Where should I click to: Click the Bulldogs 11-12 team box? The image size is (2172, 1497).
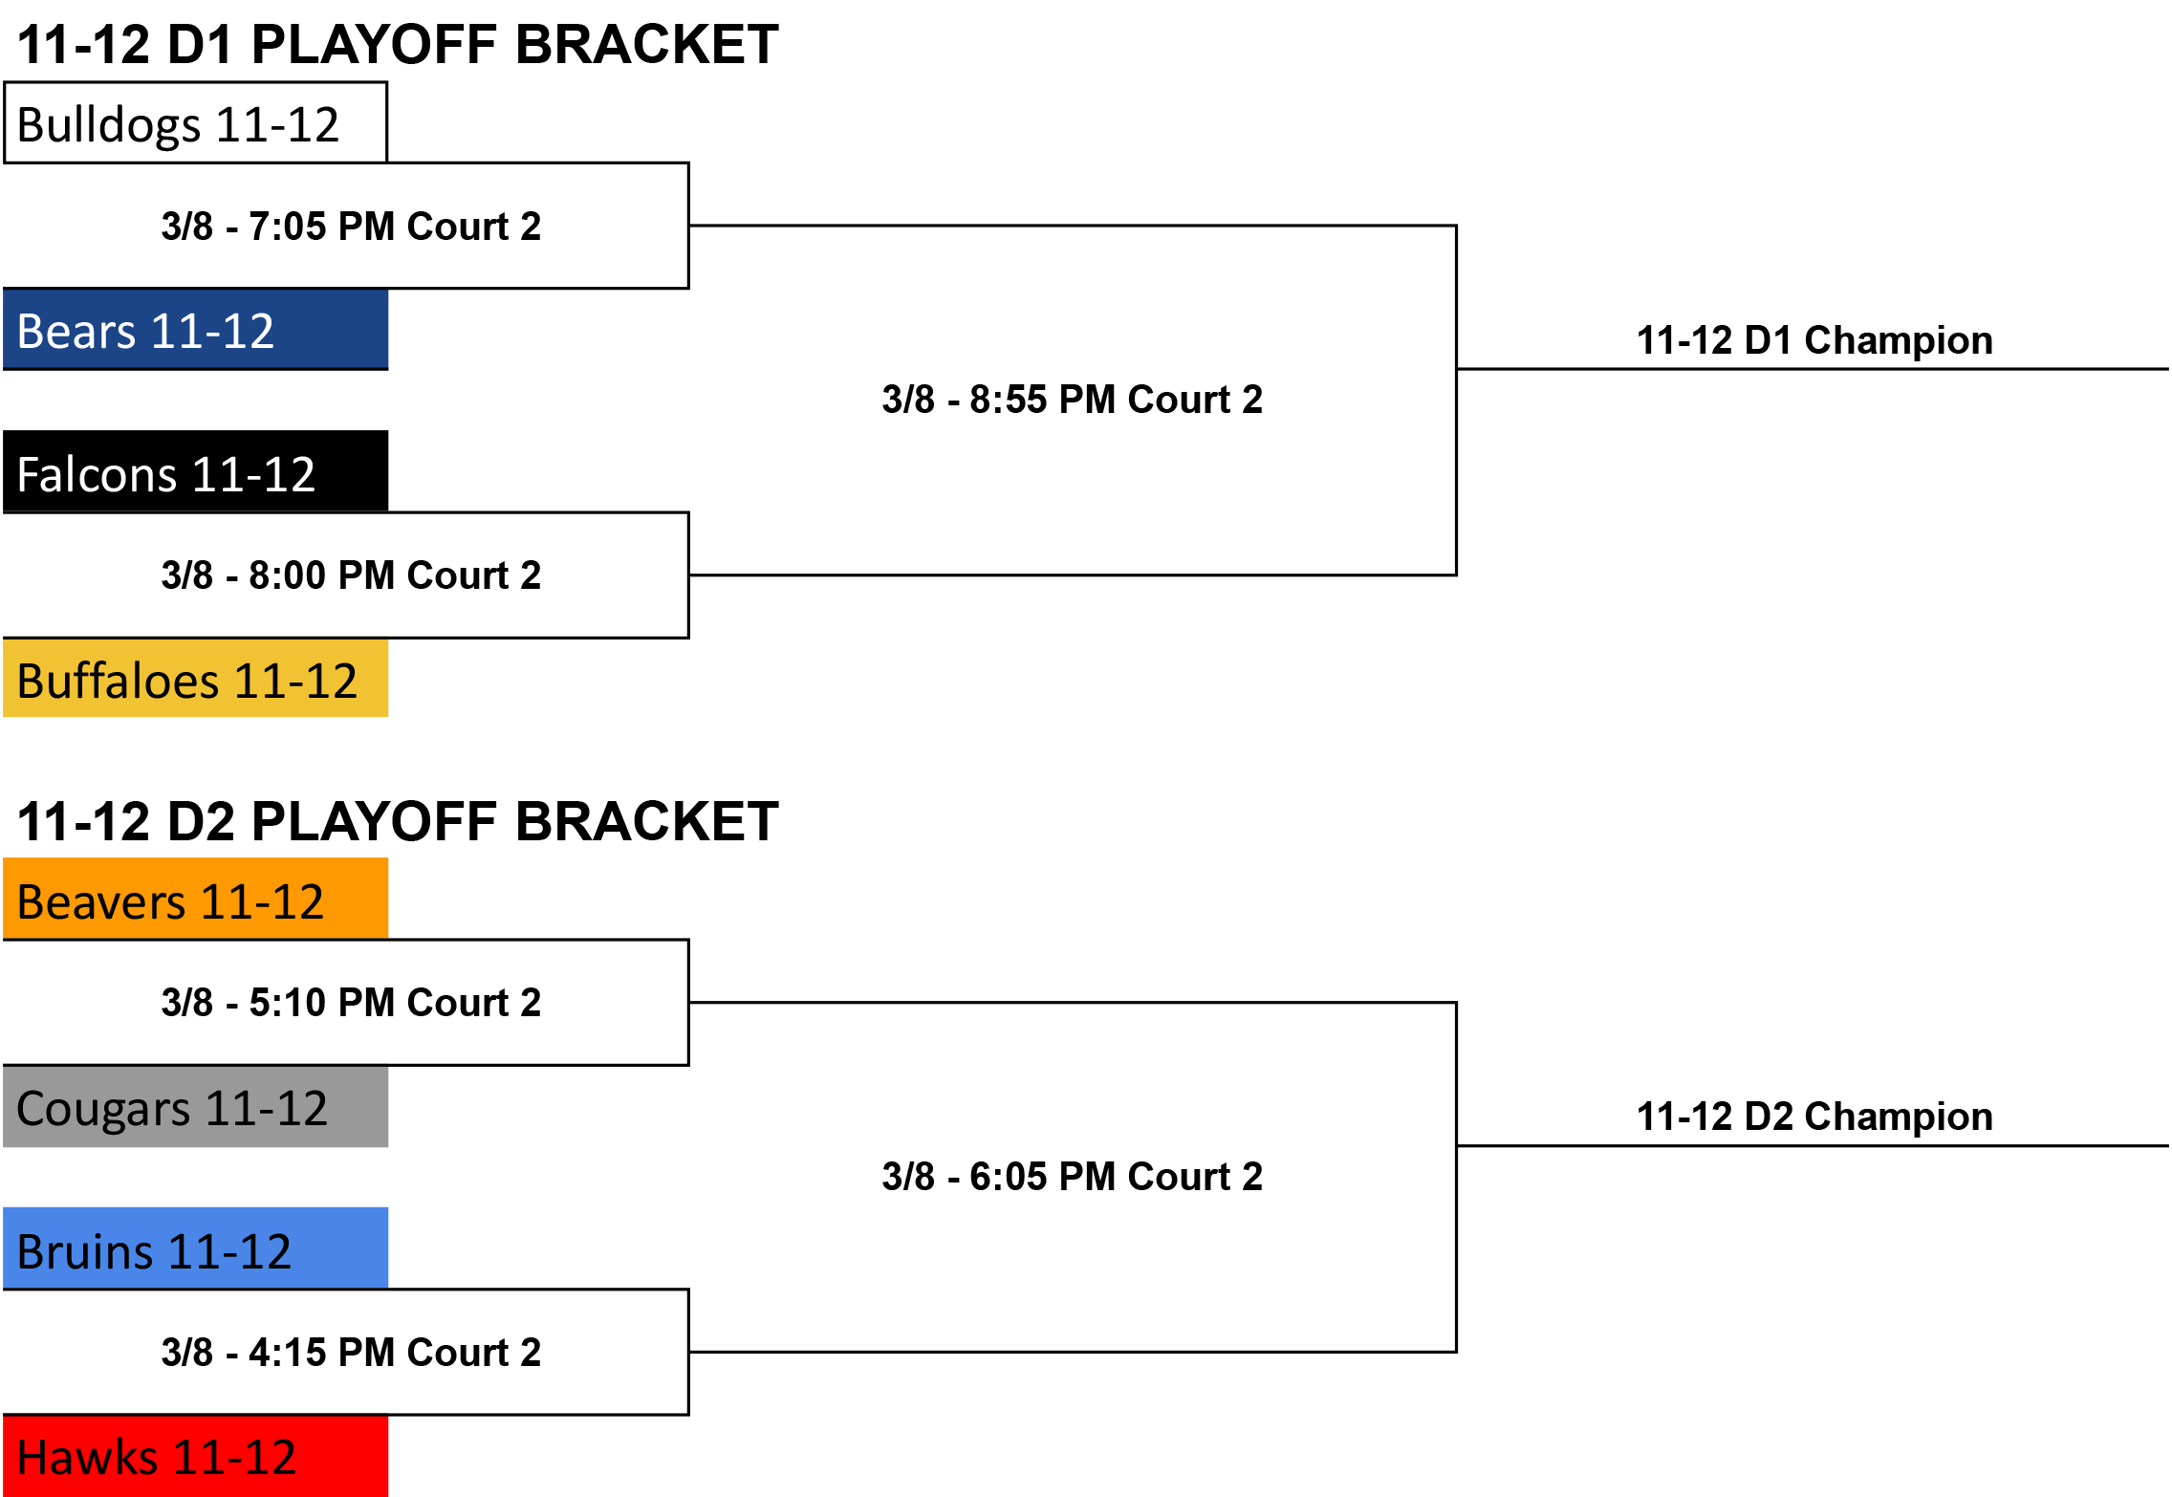pos(195,122)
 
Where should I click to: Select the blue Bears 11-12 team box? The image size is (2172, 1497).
pos(195,330)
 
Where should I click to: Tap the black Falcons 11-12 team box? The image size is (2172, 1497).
pos(195,471)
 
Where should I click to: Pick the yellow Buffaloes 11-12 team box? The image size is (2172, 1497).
pos(195,678)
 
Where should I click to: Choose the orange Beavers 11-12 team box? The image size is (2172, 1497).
pos(195,899)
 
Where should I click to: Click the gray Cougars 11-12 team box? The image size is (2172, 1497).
pos(195,1107)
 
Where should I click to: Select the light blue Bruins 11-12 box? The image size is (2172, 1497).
pos(195,1248)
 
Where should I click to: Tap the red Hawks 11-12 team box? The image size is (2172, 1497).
pos(195,1456)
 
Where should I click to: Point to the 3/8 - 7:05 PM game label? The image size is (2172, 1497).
pos(351,227)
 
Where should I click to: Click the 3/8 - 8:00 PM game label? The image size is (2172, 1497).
pos(351,575)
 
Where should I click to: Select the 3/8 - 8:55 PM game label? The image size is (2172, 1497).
pos(1072,400)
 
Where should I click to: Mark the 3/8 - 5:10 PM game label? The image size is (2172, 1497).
pos(351,1003)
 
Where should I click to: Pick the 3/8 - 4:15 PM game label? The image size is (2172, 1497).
pos(351,1353)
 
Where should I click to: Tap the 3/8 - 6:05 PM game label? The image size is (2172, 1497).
pos(1072,1177)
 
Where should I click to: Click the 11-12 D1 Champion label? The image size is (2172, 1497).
pos(1814,340)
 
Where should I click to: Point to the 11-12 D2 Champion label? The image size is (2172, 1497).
pos(1814,1117)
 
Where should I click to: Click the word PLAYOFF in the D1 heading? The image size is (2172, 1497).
pos(375,45)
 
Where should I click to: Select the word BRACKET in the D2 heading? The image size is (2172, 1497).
pos(647,822)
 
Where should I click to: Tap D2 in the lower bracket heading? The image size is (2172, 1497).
pos(201,822)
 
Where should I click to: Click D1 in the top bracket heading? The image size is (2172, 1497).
pos(201,45)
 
